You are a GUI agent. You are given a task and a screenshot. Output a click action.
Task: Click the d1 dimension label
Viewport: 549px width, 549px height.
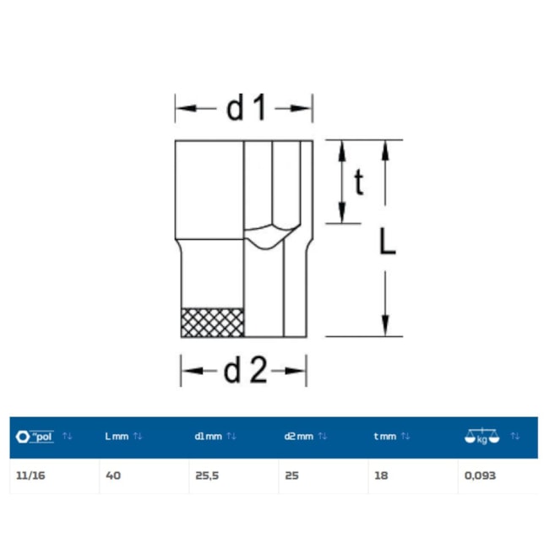pos(247,108)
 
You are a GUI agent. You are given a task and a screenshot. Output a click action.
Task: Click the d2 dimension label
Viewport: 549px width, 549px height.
pos(245,371)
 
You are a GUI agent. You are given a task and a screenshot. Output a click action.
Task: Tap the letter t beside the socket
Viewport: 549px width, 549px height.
pos(359,182)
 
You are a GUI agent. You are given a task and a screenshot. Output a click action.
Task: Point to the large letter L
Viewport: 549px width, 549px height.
pos(388,242)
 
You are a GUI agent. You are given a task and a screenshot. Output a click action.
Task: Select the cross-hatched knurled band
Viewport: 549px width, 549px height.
pos(213,323)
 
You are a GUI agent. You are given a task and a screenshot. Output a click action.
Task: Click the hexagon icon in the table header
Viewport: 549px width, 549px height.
pos(23,437)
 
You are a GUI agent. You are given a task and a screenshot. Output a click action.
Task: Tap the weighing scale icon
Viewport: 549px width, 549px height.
pos(481,437)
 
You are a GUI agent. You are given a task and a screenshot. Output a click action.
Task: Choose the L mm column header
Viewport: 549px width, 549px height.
pos(117,437)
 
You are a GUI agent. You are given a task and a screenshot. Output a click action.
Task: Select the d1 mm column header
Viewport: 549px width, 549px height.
pos(208,437)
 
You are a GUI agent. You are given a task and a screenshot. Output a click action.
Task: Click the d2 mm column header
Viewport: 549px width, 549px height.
pos(299,437)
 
